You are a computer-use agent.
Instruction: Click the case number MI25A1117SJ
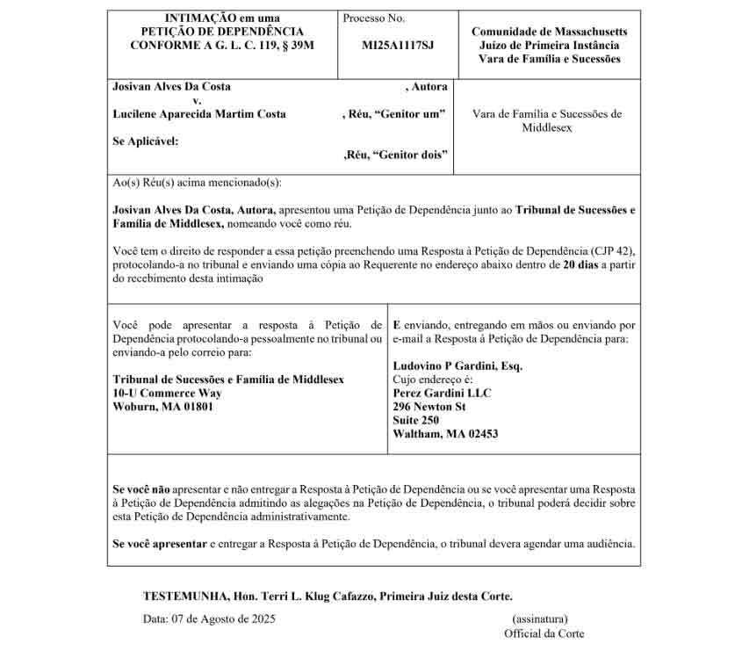click(398, 44)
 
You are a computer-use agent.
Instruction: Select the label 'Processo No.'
click(374, 18)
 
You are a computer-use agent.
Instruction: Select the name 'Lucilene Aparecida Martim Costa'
click(199, 114)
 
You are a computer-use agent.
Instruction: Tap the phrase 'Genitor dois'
click(410, 155)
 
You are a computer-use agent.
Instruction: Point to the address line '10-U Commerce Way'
click(168, 393)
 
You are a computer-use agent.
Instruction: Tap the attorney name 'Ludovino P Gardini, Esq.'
click(457, 366)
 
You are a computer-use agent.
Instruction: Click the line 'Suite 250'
click(416, 420)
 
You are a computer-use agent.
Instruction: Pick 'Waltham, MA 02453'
click(445, 434)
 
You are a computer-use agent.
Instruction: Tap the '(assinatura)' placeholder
click(540, 618)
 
